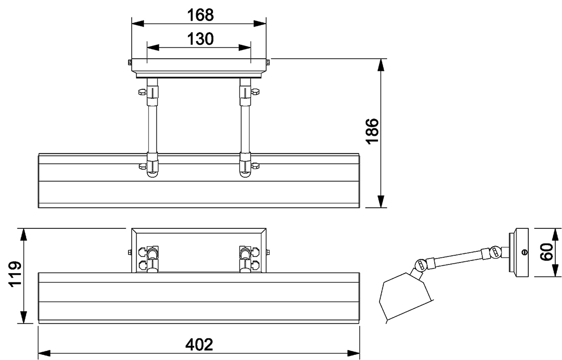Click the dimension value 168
[200, 15]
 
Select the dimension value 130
[200, 39]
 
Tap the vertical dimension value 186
[372, 131]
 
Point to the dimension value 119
[15, 274]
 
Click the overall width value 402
[199, 344]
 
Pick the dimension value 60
[546, 252]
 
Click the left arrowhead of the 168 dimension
[138, 23]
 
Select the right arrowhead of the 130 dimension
[245, 47]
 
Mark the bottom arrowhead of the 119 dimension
[24, 318]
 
